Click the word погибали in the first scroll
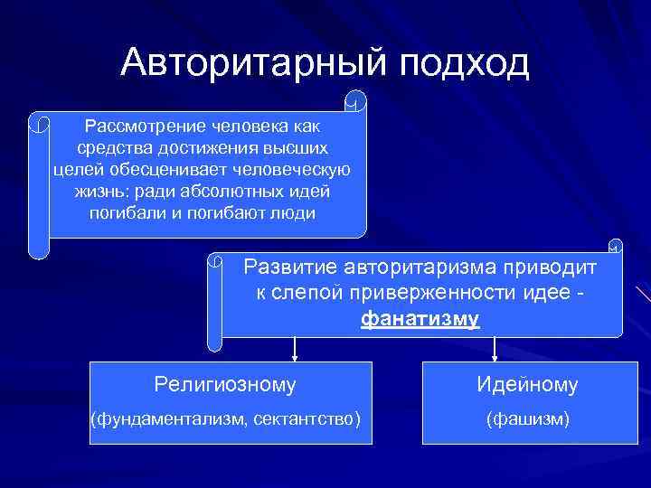coord(124,214)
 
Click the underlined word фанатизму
coord(420,319)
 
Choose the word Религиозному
coord(225,386)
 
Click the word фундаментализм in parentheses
coord(171,418)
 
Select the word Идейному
coord(527,386)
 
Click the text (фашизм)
coord(527,418)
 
